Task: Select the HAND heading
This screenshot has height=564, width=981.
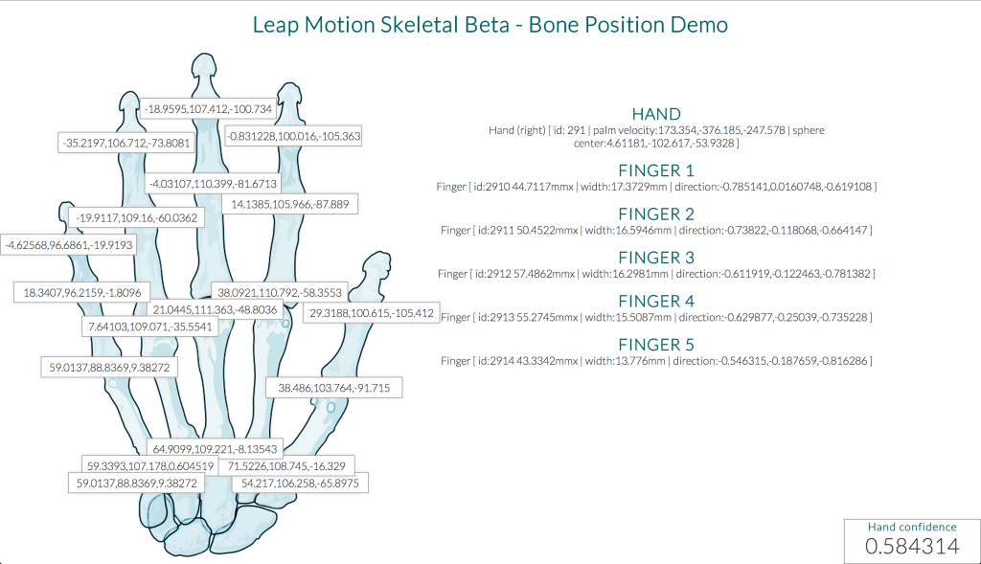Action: click(x=656, y=114)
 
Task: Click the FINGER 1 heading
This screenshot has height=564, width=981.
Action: click(x=656, y=170)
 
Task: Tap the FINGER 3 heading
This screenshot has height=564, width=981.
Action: click(x=656, y=258)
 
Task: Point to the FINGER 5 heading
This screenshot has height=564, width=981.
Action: click(x=656, y=345)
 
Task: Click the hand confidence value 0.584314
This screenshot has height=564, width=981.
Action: click(x=911, y=546)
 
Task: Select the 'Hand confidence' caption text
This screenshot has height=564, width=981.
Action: click(x=911, y=527)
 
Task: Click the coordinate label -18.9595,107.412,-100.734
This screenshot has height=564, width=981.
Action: click(x=208, y=109)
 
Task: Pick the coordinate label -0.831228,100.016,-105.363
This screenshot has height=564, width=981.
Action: click(x=293, y=136)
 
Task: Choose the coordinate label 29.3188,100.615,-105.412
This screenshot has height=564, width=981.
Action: click(x=370, y=313)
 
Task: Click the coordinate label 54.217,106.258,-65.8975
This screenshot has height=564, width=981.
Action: click(x=300, y=484)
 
